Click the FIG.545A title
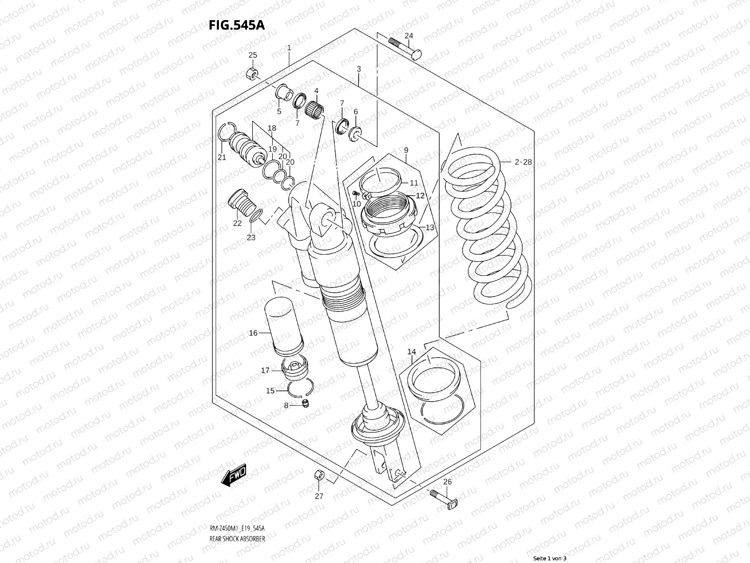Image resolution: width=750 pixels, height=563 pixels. pos(237,24)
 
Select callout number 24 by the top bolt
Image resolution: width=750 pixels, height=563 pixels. pos(409,36)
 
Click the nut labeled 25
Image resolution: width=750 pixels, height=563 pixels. pos(251,74)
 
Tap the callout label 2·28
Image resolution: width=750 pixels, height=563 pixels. pos(523,162)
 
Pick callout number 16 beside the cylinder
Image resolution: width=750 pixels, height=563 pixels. pos(253,333)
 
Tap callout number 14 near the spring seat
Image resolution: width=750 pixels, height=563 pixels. pos(412,352)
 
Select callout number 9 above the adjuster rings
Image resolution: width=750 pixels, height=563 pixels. pos(406,150)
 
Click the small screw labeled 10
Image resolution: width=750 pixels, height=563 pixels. pos(356,193)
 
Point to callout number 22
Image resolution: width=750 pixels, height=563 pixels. pos(237,223)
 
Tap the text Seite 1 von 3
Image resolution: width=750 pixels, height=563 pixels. pos(550,559)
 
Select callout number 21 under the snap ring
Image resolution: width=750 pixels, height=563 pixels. pos(222,157)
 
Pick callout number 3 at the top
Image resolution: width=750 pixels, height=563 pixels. pos(359,69)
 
